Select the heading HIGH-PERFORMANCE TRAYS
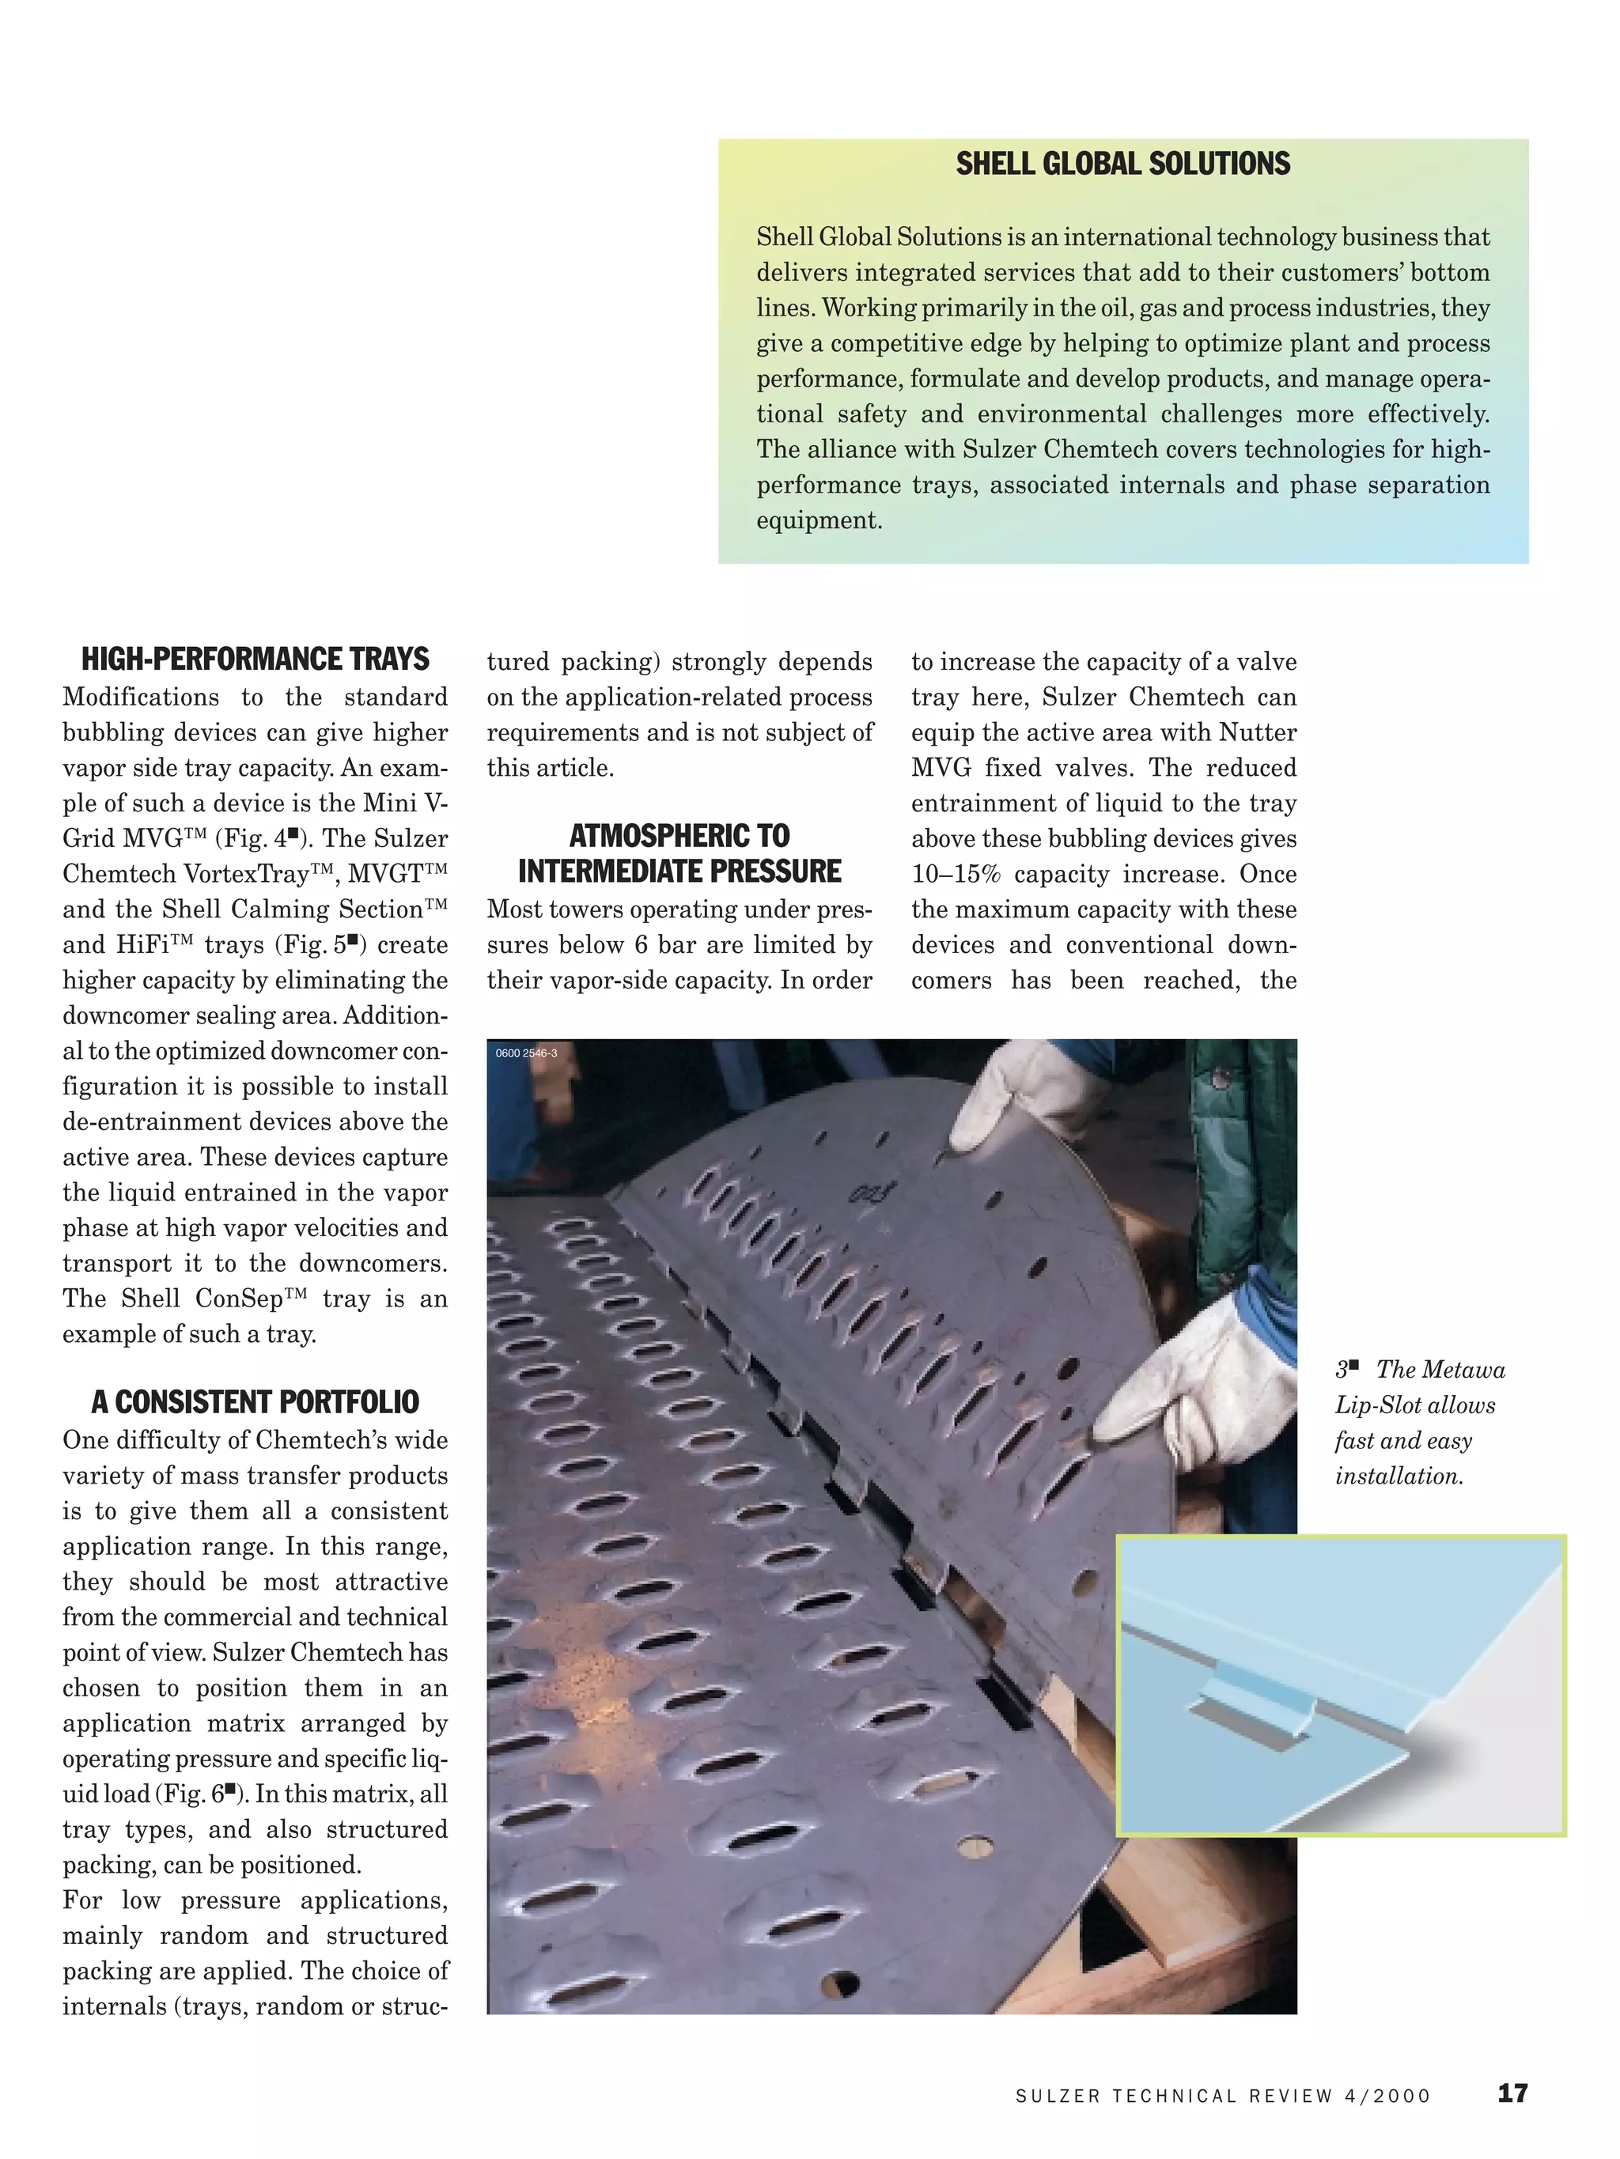(255, 660)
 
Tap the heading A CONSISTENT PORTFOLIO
(255, 1403)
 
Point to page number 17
(1512, 2093)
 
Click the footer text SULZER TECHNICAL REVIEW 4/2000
(1223, 2096)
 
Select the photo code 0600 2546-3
(526, 1053)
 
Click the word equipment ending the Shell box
(818, 520)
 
